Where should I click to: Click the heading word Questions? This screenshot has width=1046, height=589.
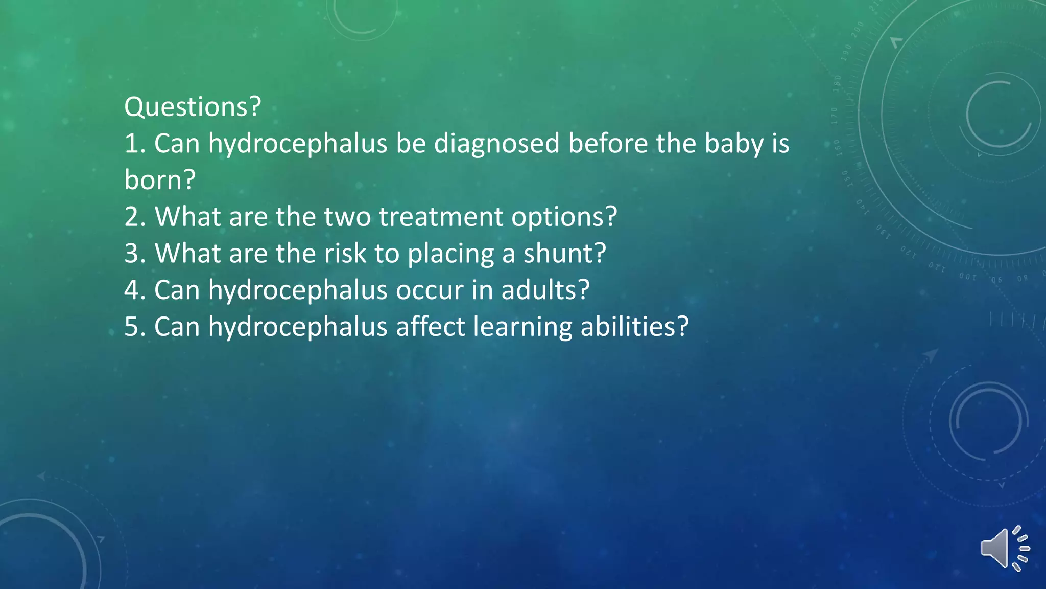(x=193, y=107)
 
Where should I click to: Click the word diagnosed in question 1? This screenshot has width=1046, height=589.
(x=497, y=144)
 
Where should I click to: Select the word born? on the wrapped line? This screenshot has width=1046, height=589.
(x=160, y=180)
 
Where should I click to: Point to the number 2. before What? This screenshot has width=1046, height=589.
(x=135, y=217)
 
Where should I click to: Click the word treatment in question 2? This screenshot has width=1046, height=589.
(x=441, y=217)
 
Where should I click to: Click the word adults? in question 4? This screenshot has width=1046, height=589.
(x=545, y=290)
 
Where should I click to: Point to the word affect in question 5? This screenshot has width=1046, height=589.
(x=430, y=327)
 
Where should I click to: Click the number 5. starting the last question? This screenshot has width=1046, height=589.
(x=135, y=327)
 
